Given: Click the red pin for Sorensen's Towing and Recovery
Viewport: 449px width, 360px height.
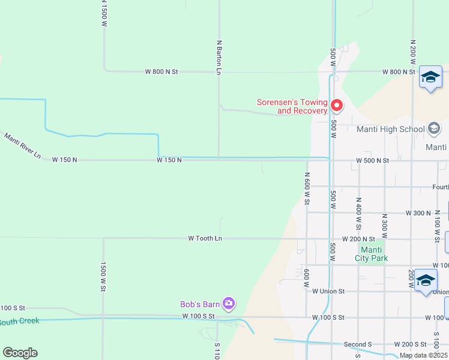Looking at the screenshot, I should click(x=337, y=106).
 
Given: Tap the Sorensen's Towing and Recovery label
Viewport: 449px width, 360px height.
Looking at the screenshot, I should click(x=292, y=106).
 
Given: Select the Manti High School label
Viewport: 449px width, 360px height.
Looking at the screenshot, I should click(x=390, y=129).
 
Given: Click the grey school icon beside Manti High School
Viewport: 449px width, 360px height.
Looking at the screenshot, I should click(x=434, y=128).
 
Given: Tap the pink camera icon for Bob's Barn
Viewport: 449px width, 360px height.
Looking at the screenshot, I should click(x=228, y=304).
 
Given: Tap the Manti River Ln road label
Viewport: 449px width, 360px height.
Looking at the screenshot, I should click(x=22, y=146).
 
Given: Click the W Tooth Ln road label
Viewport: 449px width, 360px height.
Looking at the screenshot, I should click(x=205, y=238).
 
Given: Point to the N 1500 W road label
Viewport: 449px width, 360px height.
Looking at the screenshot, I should click(x=104, y=14).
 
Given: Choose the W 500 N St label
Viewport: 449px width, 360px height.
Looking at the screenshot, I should click(x=372, y=161).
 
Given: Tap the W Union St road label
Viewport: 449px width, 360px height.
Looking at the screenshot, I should click(x=328, y=291).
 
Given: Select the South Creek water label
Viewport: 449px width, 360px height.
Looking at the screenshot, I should click(x=19, y=322).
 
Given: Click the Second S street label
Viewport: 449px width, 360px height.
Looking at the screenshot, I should click(x=358, y=344).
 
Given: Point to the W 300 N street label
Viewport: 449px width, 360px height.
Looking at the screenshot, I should click(x=418, y=213).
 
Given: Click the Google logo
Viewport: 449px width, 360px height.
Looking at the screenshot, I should click(x=20, y=353).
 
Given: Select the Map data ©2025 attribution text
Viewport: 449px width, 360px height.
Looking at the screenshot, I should click(x=423, y=355).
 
